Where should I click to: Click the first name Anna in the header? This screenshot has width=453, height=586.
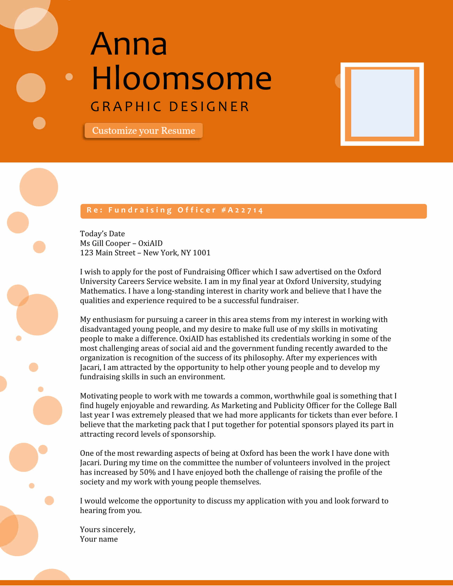[x=129, y=44]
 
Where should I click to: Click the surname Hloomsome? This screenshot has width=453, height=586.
[x=181, y=78]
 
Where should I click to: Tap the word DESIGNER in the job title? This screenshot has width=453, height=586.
[x=209, y=107]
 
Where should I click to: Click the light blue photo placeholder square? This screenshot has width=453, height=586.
[x=382, y=103]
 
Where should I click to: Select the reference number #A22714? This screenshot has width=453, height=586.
[x=242, y=210]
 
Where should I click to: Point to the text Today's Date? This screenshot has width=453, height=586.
[x=102, y=234]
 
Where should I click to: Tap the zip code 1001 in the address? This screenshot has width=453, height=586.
[x=201, y=253]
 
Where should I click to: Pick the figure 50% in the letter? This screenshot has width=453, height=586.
[x=148, y=472]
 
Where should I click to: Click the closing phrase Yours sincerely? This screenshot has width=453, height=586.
[x=108, y=530]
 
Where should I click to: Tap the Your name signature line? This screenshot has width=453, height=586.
[x=99, y=539]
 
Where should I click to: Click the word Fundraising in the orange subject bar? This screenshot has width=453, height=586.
[x=140, y=210]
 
